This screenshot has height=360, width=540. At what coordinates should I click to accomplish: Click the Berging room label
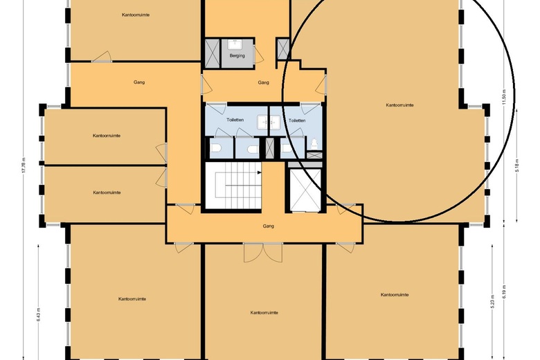point(237,56)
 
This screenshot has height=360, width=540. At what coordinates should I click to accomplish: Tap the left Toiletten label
point(235,120)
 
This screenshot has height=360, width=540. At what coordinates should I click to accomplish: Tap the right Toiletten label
point(297,120)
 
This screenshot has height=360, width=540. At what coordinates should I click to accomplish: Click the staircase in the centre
point(233,185)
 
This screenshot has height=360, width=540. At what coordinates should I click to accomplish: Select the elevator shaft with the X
point(305,188)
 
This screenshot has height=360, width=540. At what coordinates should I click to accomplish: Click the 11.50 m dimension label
point(505,98)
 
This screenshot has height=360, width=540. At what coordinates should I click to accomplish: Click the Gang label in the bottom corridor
point(268,226)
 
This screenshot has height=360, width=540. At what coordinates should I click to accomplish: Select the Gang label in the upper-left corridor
point(138,82)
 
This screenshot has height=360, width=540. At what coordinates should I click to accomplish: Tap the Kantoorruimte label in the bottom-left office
point(132,299)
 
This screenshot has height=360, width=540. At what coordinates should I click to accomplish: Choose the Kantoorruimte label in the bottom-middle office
point(264,313)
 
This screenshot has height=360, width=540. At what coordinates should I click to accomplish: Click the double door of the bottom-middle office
point(253,253)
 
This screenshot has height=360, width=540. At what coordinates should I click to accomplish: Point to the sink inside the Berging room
point(237,43)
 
